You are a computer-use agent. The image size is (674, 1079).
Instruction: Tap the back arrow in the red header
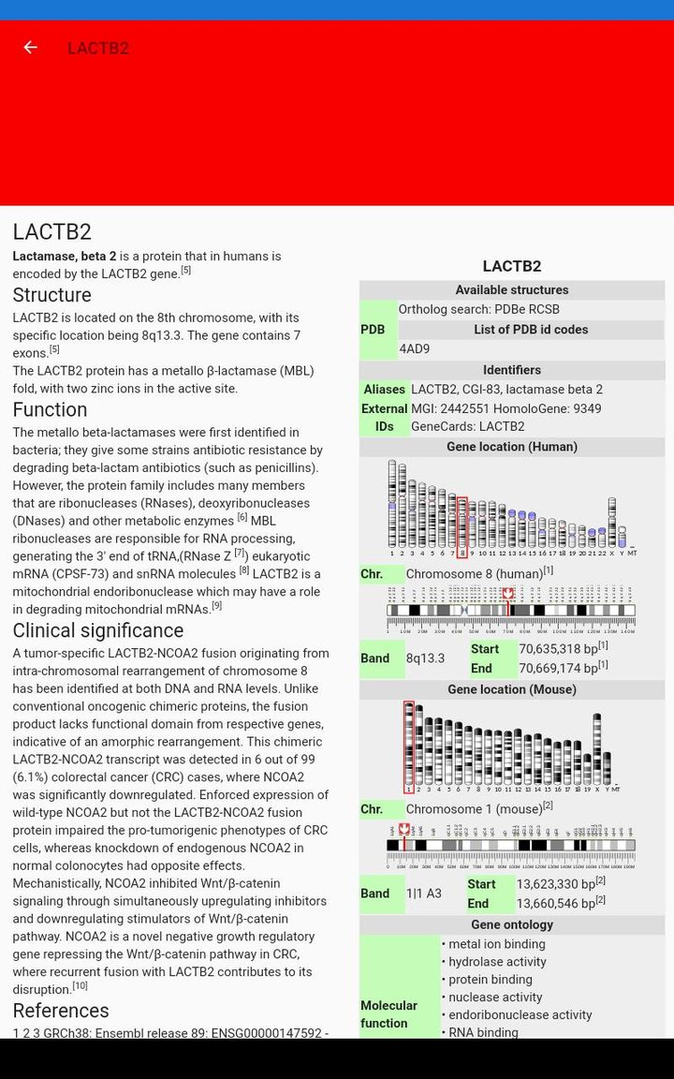pos(31,48)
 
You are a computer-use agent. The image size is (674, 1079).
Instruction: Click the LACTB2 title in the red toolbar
pos(98,49)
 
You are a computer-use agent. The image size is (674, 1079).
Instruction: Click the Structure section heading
pos(51,295)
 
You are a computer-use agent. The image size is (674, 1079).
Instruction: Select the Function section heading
pos(50,409)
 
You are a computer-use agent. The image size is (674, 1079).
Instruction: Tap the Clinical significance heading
pos(97,630)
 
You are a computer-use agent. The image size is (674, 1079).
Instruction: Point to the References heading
pos(61,1011)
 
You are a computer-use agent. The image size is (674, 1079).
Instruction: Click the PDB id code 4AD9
pos(415,349)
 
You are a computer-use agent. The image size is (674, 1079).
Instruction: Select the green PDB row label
pos(373,330)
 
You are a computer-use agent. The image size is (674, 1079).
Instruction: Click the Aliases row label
pos(384,390)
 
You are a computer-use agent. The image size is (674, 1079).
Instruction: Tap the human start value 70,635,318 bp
pos(558,648)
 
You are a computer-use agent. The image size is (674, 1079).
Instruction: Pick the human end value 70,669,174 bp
pos(558,668)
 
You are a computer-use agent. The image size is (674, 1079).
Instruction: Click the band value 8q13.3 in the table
pos(426,658)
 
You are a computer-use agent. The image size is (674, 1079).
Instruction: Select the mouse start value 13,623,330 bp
pos(556,884)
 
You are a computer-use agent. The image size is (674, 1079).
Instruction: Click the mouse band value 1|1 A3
pos(424,894)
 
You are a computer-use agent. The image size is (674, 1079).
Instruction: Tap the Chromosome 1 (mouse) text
pos(474,808)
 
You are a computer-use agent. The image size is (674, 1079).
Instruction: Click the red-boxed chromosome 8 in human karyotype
pos(462,526)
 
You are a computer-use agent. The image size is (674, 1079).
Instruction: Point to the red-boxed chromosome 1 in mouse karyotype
pos(409,746)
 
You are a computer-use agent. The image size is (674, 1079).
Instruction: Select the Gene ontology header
pos(512,924)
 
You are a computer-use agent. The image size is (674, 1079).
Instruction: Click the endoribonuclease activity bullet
pos(520,1014)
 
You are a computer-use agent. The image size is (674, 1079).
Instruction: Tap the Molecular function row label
pos(388,1014)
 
